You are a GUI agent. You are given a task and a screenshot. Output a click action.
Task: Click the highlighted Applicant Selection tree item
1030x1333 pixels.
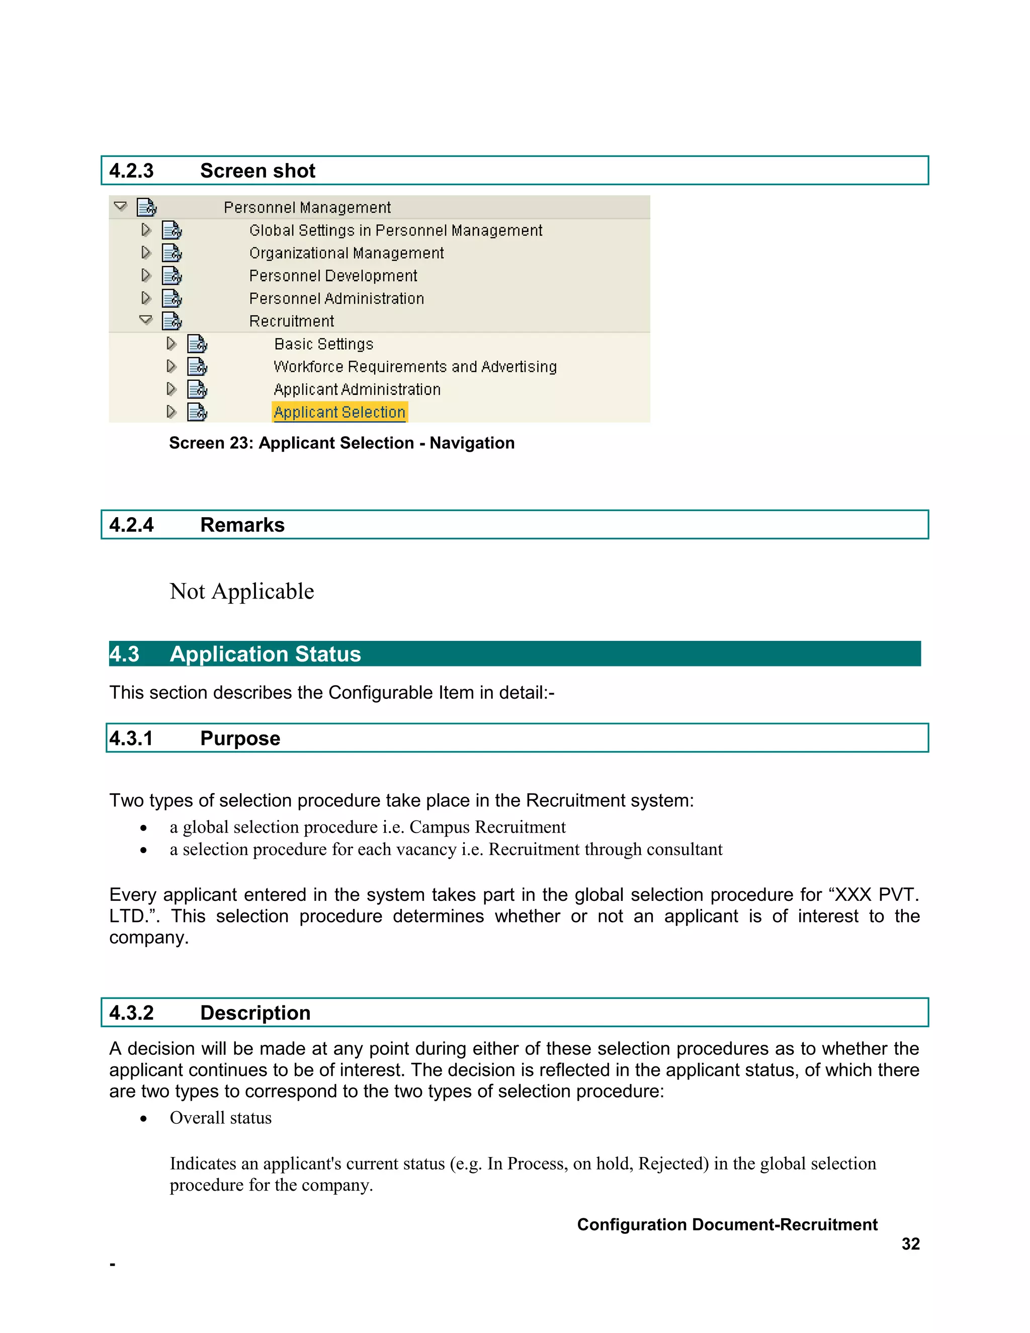pyautogui.click(x=339, y=412)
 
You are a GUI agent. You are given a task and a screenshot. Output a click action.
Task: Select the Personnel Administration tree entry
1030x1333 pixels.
pyautogui.click(x=336, y=298)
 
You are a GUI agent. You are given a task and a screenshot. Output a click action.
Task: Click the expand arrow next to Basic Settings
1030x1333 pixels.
pyautogui.click(x=171, y=344)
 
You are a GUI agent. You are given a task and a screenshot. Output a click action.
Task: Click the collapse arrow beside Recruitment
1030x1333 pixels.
pyautogui.click(x=146, y=320)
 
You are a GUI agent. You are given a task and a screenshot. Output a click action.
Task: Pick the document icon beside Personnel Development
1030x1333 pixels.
pyautogui.click(x=172, y=276)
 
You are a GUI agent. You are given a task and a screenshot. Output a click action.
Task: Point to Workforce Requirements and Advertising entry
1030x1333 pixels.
pyautogui.click(x=415, y=367)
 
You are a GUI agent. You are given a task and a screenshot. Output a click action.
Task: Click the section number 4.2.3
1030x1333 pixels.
pyautogui.click(x=131, y=171)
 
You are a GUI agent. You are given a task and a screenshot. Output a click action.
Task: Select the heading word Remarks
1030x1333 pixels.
pyautogui.click(x=242, y=525)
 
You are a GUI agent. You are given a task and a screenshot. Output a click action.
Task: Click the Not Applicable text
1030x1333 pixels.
pyautogui.click(x=241, y=592)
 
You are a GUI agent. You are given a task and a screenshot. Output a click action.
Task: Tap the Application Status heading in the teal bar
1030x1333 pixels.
pyautogui.click(x=265, y=654)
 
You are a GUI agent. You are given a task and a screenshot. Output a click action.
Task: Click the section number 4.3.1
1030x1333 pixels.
pyautogui.click(x=131, y=738)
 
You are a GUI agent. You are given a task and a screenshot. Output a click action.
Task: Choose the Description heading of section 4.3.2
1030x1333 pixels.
pyautogui.click(x=255, y=1013)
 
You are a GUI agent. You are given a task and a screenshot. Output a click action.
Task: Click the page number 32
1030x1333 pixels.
pyautogui.click(x=910, y=1244)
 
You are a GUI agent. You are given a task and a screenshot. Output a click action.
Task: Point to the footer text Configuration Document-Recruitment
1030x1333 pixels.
pyautogui.click(x=727, y=1224)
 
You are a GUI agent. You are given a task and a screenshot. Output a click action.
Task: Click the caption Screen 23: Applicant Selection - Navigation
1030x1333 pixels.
pyautogui.click(x=341, y=443)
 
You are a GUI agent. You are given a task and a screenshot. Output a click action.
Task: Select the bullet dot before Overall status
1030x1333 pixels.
pyautogui.click(x=143, y=1119)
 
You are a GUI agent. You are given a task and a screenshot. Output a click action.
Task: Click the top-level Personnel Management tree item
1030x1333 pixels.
pyautogui.click(x=307, y=208)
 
